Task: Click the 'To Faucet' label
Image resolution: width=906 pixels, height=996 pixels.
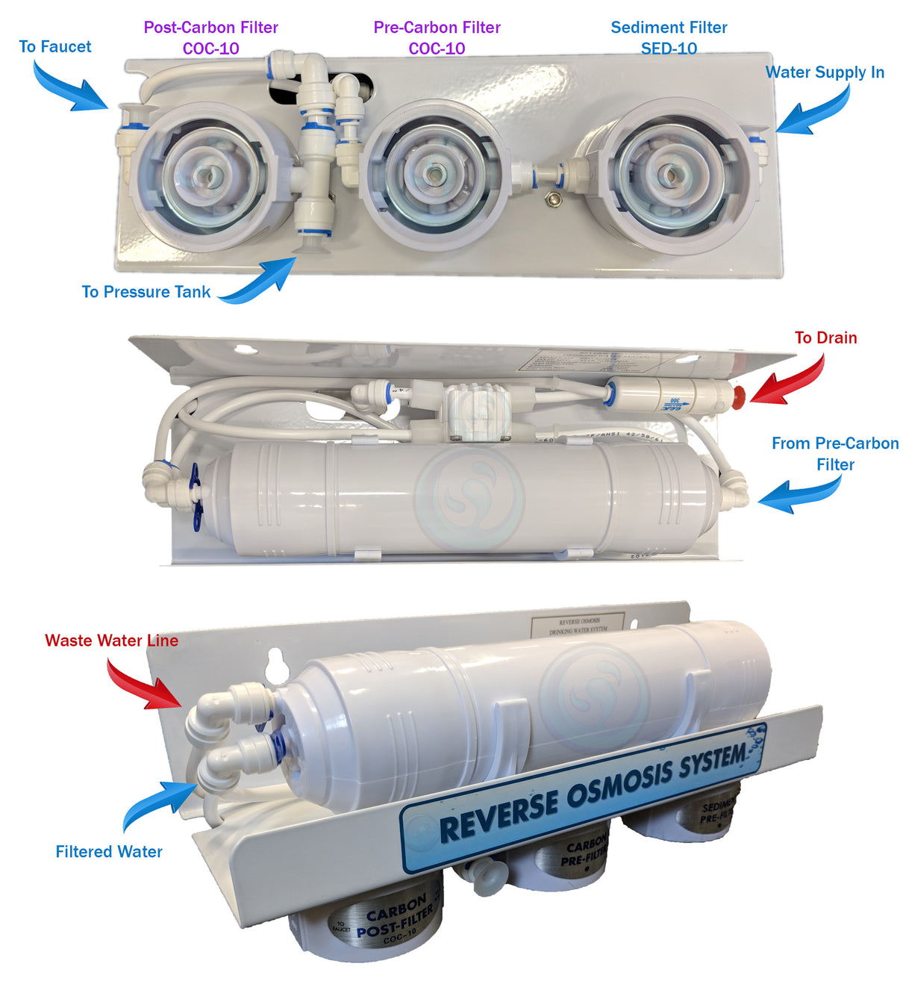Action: tap(54, 46)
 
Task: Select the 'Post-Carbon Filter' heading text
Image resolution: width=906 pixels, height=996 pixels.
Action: tap(210, 28)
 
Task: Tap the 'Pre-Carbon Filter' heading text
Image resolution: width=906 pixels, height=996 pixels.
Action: tap(437, 28)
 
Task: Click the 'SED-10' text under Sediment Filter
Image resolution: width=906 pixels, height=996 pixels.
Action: tap(669, 49)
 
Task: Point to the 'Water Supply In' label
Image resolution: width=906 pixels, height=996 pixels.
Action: tap(825, 72)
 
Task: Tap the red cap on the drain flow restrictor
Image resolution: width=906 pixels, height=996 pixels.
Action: tap(737, 394)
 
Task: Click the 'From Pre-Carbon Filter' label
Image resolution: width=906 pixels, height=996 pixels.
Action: tap(834, 453)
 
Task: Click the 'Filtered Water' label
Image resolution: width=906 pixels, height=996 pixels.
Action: tap(109, 851)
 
